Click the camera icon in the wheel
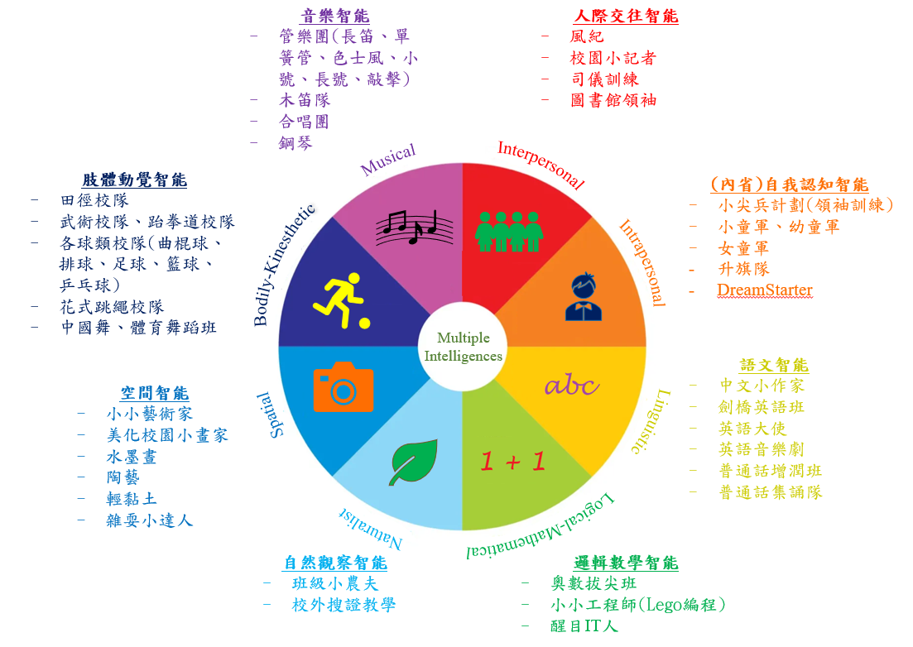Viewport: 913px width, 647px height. [343, 387]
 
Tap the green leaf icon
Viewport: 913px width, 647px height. [413, 462]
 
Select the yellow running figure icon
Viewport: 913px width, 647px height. [342, 300]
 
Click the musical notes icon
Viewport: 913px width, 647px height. [414, 228]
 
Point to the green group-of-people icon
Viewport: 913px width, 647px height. [509, 232]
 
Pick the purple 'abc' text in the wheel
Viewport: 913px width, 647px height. [571, 386]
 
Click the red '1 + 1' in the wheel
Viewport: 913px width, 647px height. [513, 462]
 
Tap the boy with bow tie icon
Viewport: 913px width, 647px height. [584, 296]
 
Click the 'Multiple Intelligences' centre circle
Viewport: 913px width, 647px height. [463, 347]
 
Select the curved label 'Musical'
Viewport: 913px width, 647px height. [387, 159]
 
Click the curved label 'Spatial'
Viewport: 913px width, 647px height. [270, 415]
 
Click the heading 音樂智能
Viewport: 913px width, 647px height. [334, 16]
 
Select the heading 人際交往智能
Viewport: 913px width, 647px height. [627, 16]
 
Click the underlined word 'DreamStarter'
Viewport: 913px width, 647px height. [765, 290]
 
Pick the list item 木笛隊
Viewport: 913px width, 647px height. [305, 100]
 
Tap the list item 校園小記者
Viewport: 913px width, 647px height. [613, 58]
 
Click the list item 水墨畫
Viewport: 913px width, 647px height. [132, 457]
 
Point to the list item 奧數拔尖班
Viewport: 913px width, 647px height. [593, 583]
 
